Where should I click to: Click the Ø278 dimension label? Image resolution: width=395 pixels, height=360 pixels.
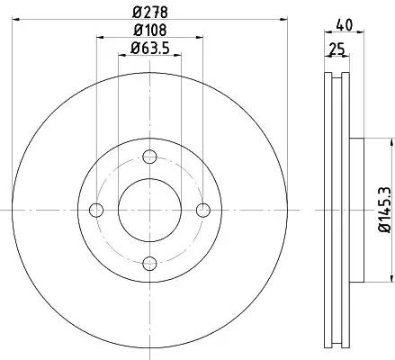150,13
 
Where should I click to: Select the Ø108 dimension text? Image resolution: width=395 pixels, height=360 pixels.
150,31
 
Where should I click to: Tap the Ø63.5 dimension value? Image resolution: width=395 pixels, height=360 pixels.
150,49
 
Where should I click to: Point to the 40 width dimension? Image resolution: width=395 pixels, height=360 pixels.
345,25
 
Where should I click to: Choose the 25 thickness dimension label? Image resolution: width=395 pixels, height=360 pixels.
337,49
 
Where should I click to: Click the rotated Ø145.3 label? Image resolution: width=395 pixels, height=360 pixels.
385,210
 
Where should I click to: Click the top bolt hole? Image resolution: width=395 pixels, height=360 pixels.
149,157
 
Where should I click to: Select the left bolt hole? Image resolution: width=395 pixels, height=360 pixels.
96,210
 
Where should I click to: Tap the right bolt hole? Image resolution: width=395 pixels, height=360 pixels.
203,210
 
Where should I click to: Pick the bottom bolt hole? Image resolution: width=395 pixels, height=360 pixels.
149,264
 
